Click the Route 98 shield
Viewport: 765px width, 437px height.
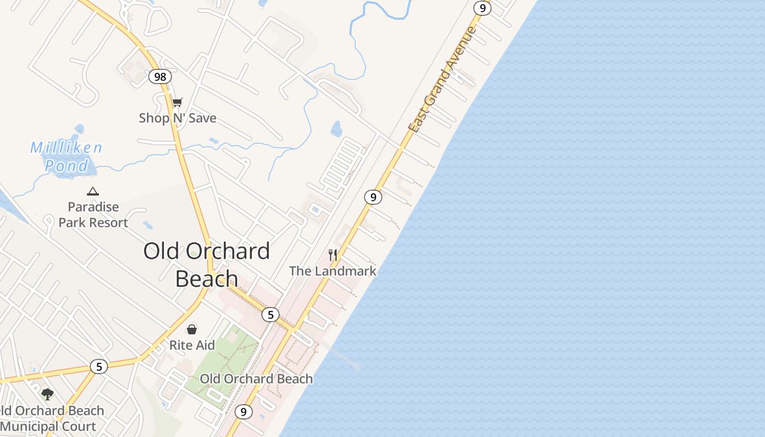click(160, 76)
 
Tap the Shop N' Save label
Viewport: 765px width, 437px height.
click(178, 118)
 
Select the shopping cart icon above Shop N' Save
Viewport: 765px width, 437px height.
click(177, 102)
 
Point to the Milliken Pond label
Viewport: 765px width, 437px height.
click(66, 157)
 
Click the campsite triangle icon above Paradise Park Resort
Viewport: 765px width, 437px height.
click(93, 191)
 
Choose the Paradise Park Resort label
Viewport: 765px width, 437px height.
click(93, 215)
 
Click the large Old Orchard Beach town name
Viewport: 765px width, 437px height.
click(207, 264)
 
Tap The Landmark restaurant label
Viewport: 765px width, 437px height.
click(333, 271)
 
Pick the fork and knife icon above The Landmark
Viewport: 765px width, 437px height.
click(332, 255)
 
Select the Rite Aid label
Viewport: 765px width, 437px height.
click(192, 345)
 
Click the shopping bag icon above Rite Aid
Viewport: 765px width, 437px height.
click(192, 329)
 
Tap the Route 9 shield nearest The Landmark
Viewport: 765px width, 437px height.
click(373, 197)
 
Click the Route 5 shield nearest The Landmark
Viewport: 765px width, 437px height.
click(270, 315)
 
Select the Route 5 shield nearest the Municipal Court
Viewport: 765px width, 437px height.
click(99, 367)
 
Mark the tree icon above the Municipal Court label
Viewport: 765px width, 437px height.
click(48, 394)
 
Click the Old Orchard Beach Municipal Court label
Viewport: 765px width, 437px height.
click(52, 418)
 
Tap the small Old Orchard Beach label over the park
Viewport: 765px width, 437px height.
click(256, 379)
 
